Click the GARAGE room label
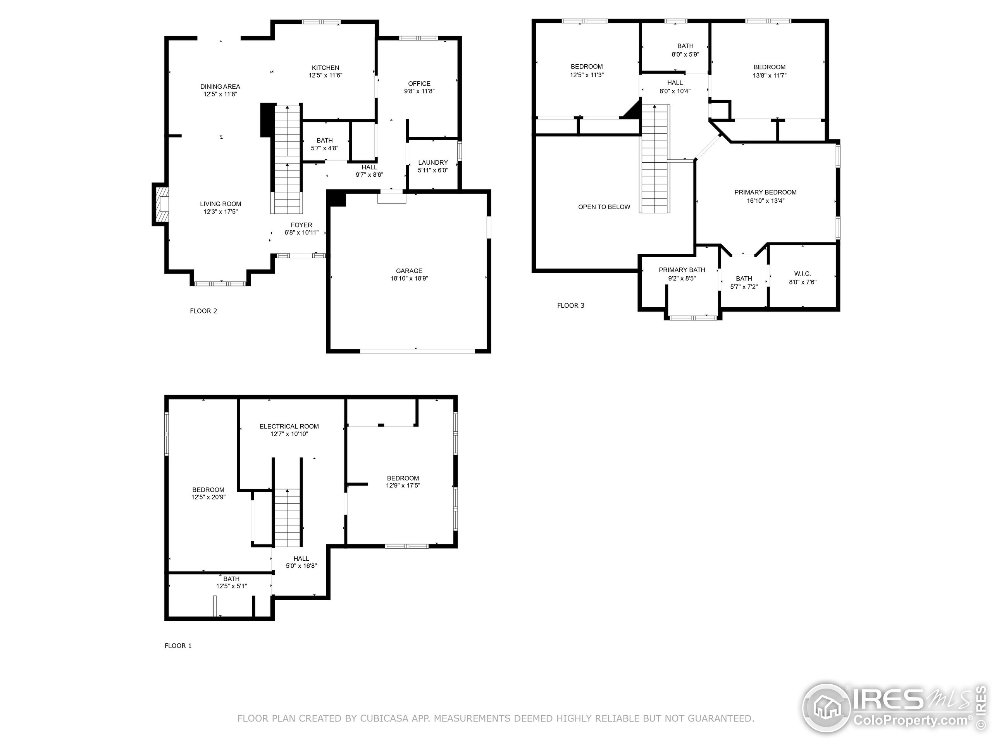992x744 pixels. [x=409, y=271]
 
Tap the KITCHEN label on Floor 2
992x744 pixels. [x=325, y=68]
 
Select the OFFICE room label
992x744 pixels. [x=419, y=83]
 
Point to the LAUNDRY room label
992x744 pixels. [x=433, y=162]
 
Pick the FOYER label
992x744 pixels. [x=301, y=225]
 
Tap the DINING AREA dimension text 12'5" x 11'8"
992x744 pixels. [x=220, y=94]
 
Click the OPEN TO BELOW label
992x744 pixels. [x=604, y=207]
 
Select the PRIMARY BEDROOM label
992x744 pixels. [x=766, y=192]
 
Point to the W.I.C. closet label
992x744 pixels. [x=802, y=274]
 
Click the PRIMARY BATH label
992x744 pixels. [x=682, y=270]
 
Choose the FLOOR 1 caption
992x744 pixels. [x=178, y=646]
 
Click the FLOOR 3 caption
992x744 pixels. [x=570, y=305]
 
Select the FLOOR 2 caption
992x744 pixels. [x=203, y=311]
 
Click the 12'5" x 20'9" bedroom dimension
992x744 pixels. [x=208, y=497]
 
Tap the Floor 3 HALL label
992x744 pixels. [x=675, y=83]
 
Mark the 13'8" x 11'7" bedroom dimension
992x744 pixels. [x=770, y=75]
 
